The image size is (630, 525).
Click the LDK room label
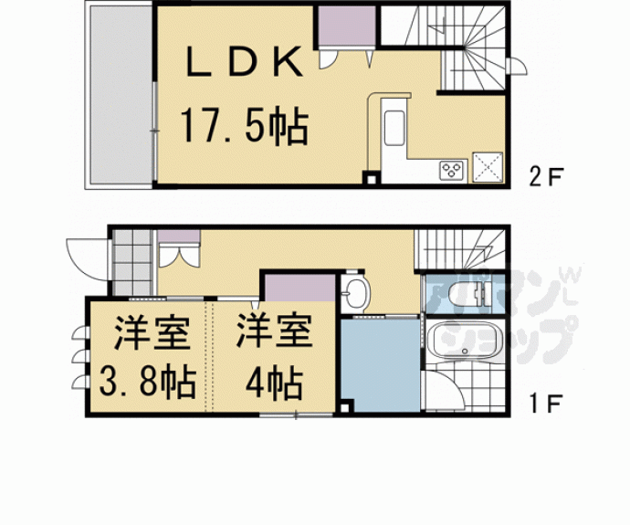pos(244,61)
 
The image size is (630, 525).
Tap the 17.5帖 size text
pos(245,126)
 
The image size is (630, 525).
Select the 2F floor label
pos(546,176)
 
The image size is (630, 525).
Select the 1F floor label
pos(546,404)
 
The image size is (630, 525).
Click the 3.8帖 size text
pos(147,381)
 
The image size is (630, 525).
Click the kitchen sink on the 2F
pos(394,128)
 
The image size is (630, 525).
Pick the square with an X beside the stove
pos(488,167)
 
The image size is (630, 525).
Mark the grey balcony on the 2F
pos(121,95)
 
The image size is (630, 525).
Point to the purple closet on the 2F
pos(347,26)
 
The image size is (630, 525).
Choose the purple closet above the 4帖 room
pos(300,288)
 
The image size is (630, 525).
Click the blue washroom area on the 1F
pos(381,365)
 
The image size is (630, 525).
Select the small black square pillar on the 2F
pos(371,178)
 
